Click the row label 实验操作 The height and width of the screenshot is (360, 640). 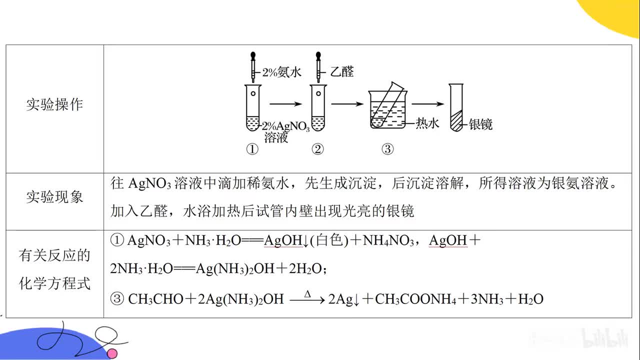(54, 105)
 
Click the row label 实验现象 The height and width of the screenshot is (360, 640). (54, 197)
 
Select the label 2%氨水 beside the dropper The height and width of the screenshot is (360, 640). (282, 72)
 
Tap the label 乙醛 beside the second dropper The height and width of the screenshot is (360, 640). (342, 72)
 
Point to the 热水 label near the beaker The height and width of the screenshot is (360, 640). (427, 123)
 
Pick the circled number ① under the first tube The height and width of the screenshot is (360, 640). (252, 149)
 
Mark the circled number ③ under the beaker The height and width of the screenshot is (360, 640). (387, 149)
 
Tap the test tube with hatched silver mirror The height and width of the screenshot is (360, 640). (456, 107)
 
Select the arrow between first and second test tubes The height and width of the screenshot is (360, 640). (286, 103)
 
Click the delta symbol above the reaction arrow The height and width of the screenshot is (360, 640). (307, 294)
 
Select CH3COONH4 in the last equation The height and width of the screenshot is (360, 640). (414, 299)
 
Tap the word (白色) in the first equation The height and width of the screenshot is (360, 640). (328, 241)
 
